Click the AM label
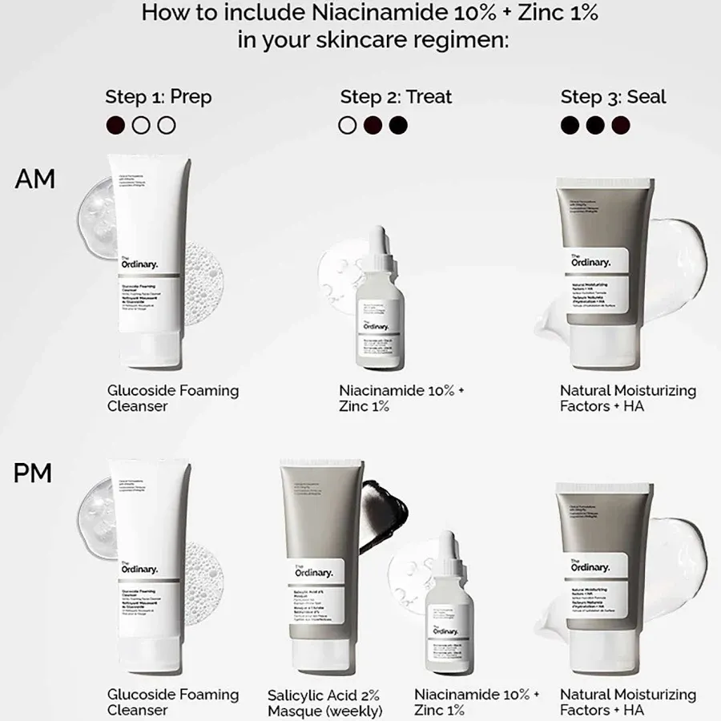point(34,179)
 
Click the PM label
point(33,473)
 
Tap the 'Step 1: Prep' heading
point(159,97)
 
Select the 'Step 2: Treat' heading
point(396,97)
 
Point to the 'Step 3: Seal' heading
point(614,97)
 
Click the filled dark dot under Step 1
point(115,125)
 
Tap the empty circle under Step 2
point(348,125)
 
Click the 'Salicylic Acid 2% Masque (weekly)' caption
point(324,703)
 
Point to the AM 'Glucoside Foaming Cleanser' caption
point(173,398)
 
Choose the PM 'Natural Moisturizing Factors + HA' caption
point(628,702)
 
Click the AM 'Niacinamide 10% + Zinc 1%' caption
point(401,398)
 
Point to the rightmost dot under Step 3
point(621,125)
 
